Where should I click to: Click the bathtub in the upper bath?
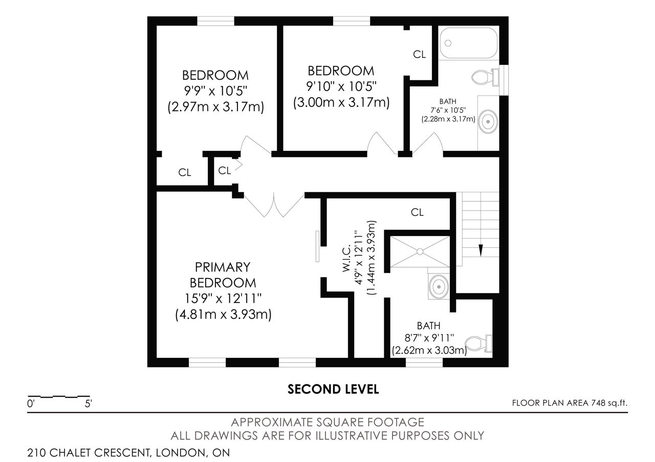[468, 42]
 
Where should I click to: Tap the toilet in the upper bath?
[486, 77]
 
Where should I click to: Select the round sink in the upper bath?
[488, 122]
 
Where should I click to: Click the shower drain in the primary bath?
[420, 251]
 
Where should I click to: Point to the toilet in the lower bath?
[478, 343]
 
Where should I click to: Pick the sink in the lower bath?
[439, 287]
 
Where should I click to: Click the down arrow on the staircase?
[481, 250]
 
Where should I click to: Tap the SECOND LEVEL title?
[333, 389]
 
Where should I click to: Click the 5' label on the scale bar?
[89, 404]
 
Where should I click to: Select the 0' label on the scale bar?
[31, 404]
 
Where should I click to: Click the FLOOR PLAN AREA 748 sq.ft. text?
[570, 403]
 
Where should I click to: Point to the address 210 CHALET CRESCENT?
[89, 453]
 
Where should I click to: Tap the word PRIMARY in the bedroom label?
[223, 267]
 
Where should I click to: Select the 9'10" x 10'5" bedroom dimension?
[341, 86]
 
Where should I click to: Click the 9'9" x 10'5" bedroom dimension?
[215, 91]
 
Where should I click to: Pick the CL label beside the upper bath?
[419, 54]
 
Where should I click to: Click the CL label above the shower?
[417, 212]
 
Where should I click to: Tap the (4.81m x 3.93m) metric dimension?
[223, 315]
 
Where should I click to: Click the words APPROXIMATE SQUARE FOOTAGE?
[327, 422]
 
